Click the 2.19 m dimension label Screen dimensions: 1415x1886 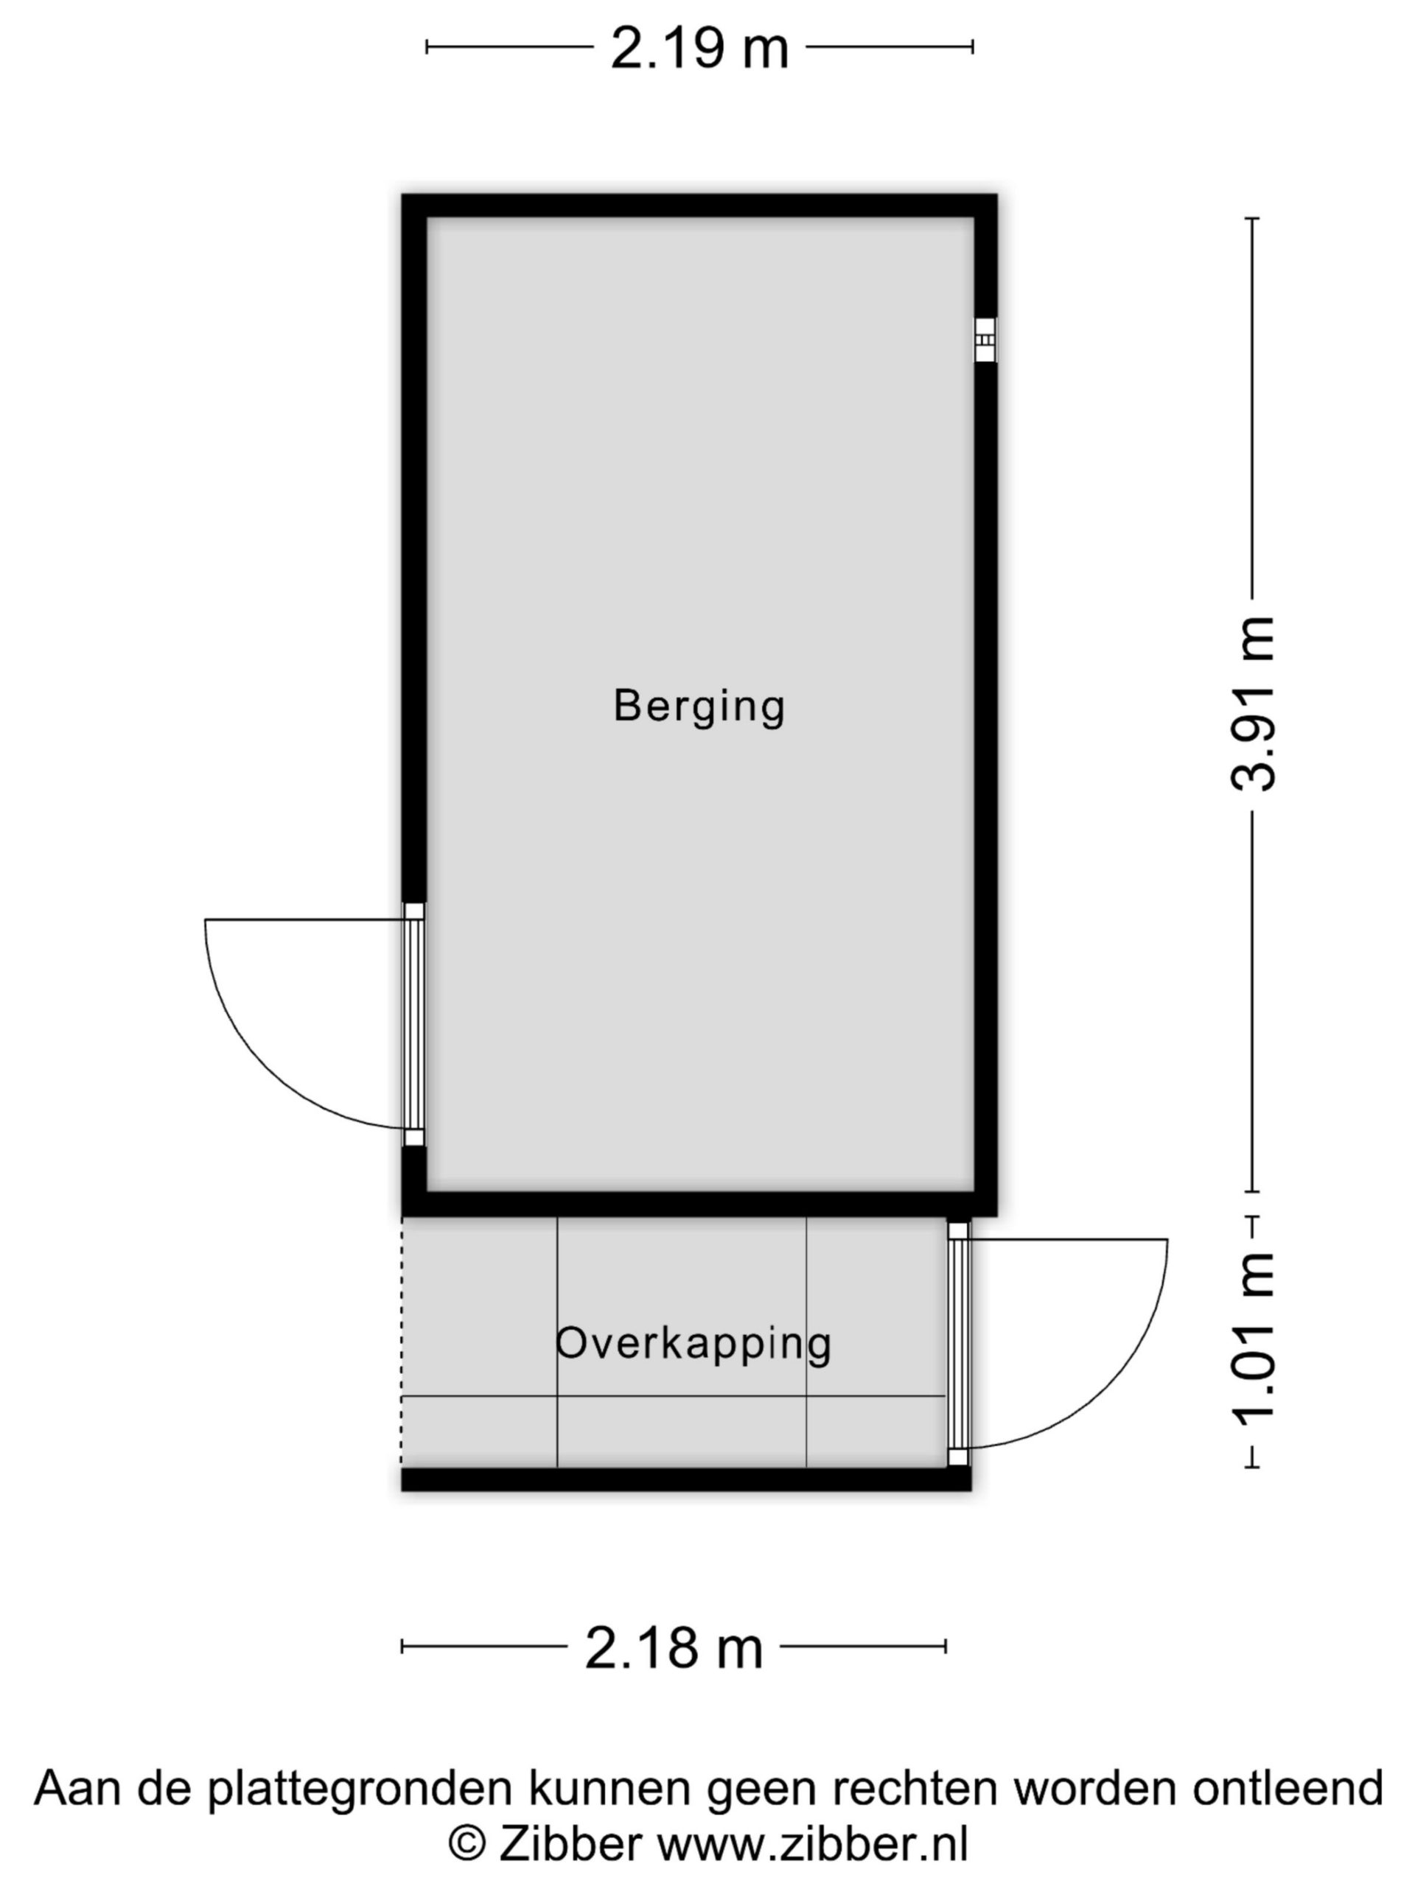coord(699,49)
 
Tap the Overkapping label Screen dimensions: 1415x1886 coord(693,1345)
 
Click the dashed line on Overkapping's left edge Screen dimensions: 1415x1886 coord(402,1342)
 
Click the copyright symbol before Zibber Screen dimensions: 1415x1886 coord(467,1844)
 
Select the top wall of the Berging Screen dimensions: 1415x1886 coord(699,206)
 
